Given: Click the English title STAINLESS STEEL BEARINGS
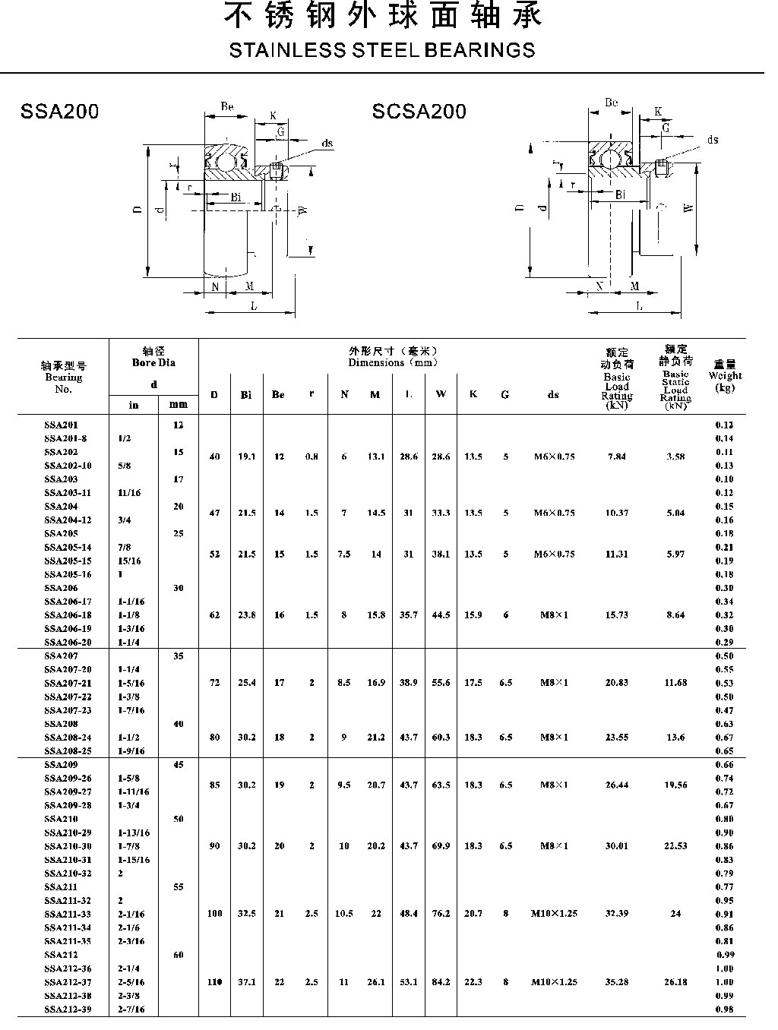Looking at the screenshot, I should coord(381,51).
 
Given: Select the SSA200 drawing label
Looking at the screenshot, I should coord(60,112).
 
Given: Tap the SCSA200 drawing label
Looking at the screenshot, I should coord(419,112).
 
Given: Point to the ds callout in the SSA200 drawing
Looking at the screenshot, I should coord(327,144).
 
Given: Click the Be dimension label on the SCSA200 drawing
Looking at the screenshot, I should coord(611,103).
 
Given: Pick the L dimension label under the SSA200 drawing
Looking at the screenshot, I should coord(253,306).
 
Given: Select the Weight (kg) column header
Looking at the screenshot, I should coord(725,376).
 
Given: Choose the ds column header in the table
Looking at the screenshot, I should coord(553,394).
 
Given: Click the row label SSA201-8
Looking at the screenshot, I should coord(65,438).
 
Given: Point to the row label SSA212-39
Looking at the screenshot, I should coord(68,1009).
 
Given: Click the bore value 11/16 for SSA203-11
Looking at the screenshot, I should coord(130,492).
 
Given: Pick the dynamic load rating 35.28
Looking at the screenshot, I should coord(616,982).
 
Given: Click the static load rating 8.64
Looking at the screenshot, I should coord(675,615).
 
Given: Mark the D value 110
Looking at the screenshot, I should coord(214,982).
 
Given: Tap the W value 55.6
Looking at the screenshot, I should coord(441,683).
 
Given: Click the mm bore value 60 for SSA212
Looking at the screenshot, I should coord(178,955).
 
